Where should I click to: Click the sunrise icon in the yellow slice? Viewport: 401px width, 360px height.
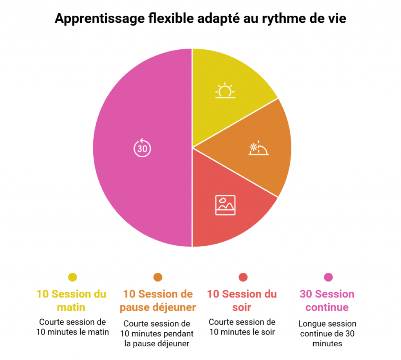(225, 91)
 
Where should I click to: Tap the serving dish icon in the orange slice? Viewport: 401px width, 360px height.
(259, 149)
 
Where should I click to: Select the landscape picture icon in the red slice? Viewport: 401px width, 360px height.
(225, 205)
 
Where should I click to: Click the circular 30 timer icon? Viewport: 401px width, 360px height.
(142, 148)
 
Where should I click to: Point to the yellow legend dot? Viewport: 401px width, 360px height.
(72, 277)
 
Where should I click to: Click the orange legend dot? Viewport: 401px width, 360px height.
(158, 277)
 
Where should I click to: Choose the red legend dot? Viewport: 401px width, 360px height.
(243, 277)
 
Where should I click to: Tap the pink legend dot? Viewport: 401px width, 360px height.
(328, 277)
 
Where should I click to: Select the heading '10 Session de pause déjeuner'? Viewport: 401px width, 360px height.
(158, 301)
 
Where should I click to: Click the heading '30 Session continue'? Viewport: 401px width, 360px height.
(327, 301)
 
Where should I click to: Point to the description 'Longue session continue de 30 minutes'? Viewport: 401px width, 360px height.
(327, 334)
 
